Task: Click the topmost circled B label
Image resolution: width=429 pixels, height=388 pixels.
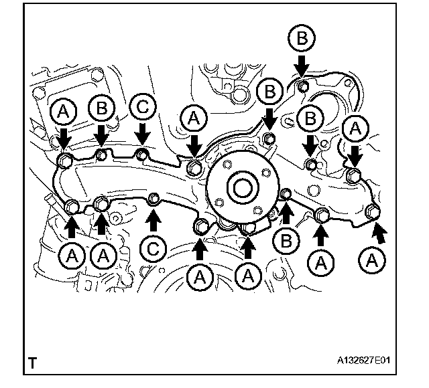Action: pyautogui.click(x=302, y=39)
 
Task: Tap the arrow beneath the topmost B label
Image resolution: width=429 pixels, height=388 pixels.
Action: pyautogui.click(x=302, y=64)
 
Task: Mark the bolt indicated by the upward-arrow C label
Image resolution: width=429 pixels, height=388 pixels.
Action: pyautogui.click(x=154, y=198)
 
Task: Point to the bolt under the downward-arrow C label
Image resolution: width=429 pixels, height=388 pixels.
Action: pyautogui.click(x=142, y=157)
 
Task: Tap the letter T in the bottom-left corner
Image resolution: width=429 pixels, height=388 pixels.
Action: pyautogui.click(x=32, y=364)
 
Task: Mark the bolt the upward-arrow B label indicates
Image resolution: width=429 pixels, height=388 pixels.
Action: pyautogui.click(x=284, y=195)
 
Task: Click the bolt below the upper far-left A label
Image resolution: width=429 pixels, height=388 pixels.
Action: pyautogui.click(x=65, y=161)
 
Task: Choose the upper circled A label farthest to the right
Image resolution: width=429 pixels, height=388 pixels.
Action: pyautogui.click(x=355, y=127)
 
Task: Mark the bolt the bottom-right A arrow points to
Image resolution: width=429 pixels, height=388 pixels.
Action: pyautogui.click(x=373, y=214)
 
